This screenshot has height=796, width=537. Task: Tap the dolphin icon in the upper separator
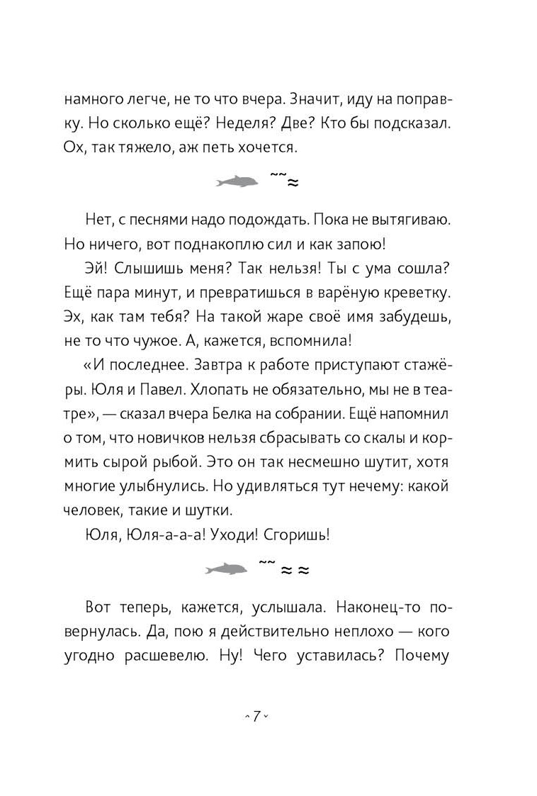[x=237, y=184]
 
